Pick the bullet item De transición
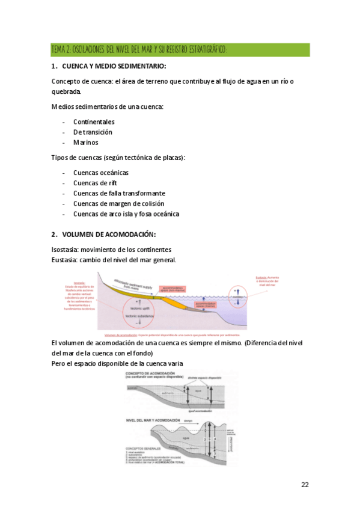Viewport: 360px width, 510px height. (x=93, y=132)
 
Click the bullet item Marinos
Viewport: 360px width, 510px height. (x=85, y=143)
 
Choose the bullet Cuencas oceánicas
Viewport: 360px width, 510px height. (x=100, y=173)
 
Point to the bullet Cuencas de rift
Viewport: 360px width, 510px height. (x=95, y=183)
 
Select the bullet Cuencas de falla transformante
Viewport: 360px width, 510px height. (x=119, y=193)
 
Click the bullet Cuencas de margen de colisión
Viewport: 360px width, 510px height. (x=118, y=203)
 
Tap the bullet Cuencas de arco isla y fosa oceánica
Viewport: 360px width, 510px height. (x=126, y=214)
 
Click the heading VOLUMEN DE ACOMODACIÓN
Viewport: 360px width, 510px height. (x=109, y=235)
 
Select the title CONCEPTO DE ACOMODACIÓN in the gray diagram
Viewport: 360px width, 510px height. (x=150, y=374)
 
